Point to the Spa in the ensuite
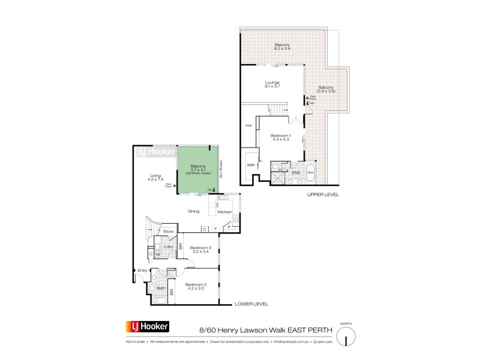[x=310, y=172]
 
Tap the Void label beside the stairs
[x=248, y=125]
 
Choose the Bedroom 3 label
[x=201, y=250]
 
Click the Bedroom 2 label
[x=196, y=286]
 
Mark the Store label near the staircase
[x=169, y=231]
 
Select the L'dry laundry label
[x=169, y=246]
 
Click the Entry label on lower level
[x=142, y=270]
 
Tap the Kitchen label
[x=224, y=212]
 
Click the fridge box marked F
[x=214, y=229]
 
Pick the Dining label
[x=193, y=211]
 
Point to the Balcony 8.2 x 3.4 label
[x=283, y=46]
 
